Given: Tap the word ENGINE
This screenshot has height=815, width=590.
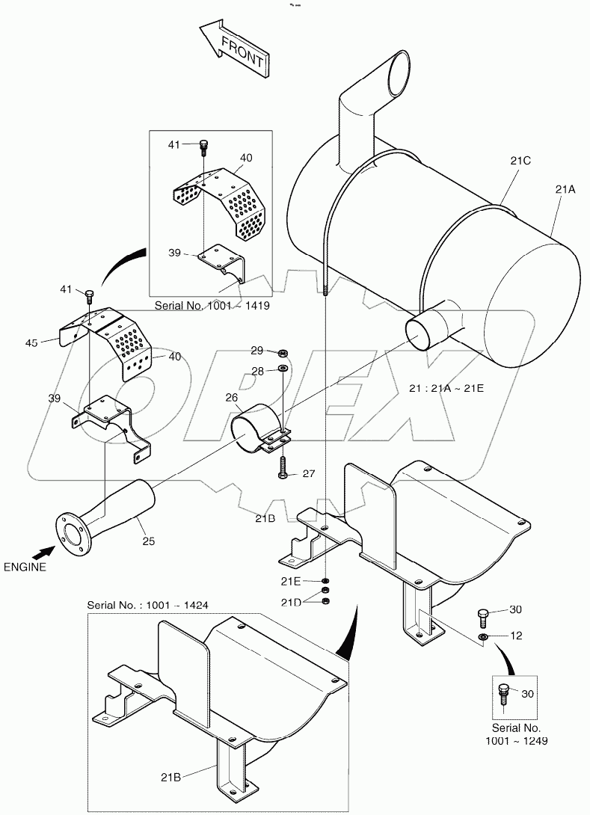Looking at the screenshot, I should (x=25, y=566).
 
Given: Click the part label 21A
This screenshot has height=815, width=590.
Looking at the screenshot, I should (x=565, y=190).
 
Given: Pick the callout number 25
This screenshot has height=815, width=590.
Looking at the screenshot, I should (x=148, y=541).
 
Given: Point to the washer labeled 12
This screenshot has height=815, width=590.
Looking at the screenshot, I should (x=483, y=636).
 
